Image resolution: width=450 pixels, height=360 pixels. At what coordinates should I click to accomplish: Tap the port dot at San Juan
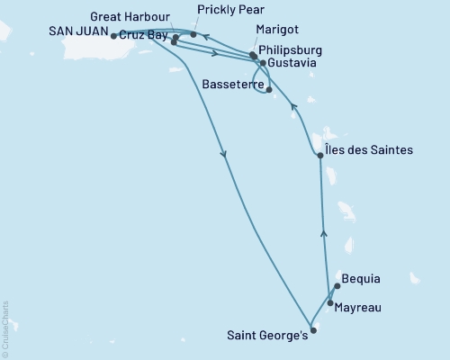click(112, 36)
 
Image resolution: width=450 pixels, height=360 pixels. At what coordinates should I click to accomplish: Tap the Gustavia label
click(292, 64)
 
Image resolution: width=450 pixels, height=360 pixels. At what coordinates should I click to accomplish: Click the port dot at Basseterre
click(269, 89)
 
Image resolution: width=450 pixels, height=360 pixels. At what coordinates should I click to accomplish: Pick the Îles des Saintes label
click(370, 150)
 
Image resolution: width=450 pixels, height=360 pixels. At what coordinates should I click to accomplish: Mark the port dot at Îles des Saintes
click(320, 156)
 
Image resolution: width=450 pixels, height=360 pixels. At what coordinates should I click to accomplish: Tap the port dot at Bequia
click(337, 287)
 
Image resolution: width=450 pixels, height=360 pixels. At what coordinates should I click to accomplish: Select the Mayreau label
click(357, 308)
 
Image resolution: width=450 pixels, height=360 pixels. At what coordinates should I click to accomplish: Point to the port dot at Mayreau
click(330, 302)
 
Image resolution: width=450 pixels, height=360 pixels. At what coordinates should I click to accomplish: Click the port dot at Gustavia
click(262, 64)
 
